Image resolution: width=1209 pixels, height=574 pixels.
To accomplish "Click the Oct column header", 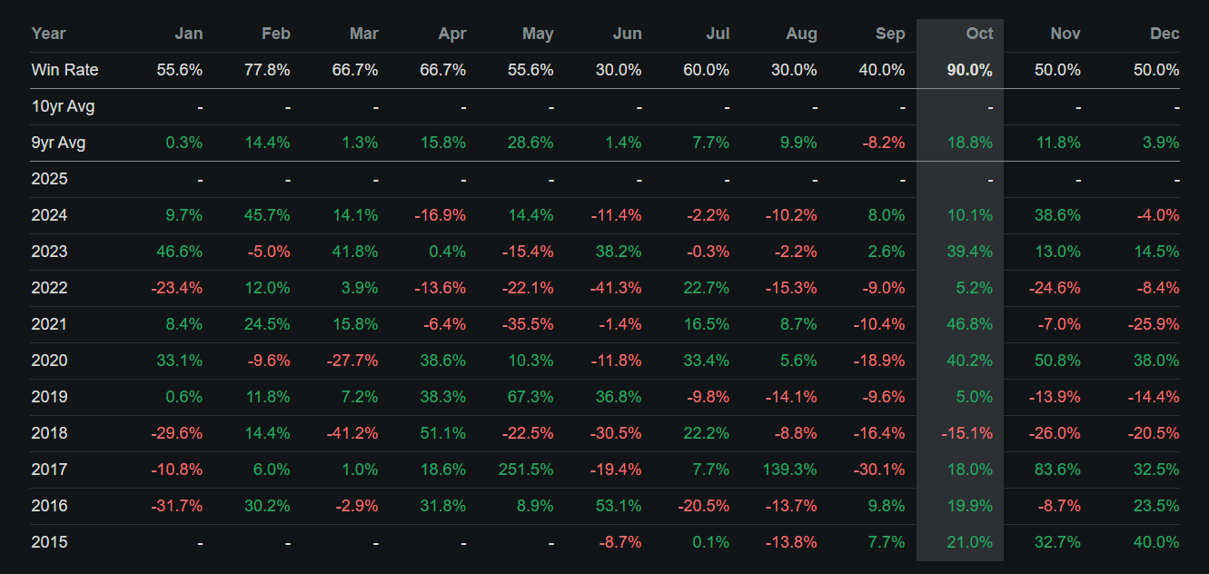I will [x=979, y=34].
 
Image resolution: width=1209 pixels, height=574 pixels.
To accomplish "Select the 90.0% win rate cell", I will [x=969, y=70].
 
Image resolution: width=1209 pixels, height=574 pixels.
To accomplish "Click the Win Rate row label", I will [x=64, y=70].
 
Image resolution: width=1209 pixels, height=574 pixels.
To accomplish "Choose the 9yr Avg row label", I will [x=58, y=143].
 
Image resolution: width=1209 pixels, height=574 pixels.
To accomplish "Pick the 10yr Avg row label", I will [x=63, y=106].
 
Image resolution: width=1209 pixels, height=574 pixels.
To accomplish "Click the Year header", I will [x=48, y=34].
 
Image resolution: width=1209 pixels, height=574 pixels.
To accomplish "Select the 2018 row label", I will [x=49, y=433].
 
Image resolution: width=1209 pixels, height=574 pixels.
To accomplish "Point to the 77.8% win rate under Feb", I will [x=268, y=70].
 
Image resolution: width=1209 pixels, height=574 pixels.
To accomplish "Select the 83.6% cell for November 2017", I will [x=1058, y=470].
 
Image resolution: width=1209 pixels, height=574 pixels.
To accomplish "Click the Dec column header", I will [x=1164, y=34].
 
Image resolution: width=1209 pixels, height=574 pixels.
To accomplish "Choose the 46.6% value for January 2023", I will [x=180, y=252].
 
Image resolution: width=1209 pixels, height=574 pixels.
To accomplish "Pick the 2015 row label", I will [x=49, y=542].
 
